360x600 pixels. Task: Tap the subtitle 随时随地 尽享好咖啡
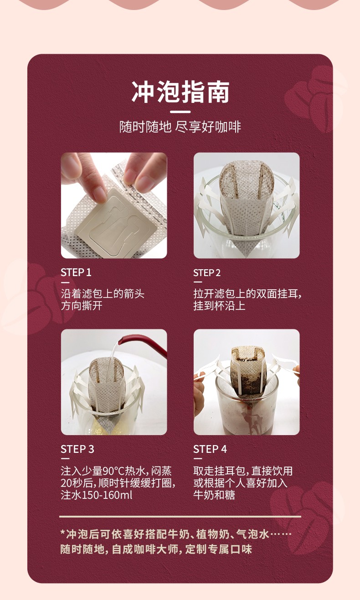(x=180, y=127)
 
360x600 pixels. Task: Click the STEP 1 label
(x=76, y=273)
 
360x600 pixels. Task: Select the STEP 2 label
(x=207, y=273)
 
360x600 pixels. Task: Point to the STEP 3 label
(x=77, y=449)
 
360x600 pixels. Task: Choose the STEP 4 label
(x=210, y=449)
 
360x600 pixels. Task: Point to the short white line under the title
(x=180, y=112)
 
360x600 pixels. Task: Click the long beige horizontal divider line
(x=180, y=517)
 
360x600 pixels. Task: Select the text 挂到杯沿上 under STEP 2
(x=219, y=306)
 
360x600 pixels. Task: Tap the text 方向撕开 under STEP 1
(x=82, y=306)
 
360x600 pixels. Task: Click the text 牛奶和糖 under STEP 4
(x=214, y=495)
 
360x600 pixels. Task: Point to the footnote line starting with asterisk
(x=176, y=534)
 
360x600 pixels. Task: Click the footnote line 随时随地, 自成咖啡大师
(x=156, y=549)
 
